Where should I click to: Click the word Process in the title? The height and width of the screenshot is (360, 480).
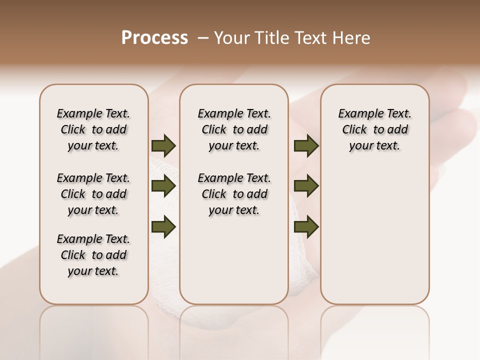click(x=154, y=38)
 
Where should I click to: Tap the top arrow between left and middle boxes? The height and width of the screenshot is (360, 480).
click(x=163, y=146)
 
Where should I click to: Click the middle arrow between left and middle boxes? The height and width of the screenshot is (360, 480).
click(x=163, y=186)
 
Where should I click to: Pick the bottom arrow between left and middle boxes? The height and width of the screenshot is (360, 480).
click(x=163, y=226)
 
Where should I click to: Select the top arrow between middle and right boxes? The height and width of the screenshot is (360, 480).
click(x=306, y=146)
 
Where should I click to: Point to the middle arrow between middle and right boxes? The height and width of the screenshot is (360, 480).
click(x=306, y=186)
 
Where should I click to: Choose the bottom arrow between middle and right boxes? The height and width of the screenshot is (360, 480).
click(x=306, y=226)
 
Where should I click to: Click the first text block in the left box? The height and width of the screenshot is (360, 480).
click(x=93, y=129)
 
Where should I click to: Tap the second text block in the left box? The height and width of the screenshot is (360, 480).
click(x=93, y=194)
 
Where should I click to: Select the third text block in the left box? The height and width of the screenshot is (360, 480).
click(x=93, y=255)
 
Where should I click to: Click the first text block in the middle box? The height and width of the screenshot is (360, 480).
click(x=234, y=129)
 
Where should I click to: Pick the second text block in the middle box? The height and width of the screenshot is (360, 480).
click(x=234, y=194)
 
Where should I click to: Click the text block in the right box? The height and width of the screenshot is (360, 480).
click(x=374, y=129)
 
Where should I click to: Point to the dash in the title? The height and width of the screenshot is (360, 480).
click(x=203, y=38)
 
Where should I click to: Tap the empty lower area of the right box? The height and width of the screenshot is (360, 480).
click(x=374, y=235)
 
